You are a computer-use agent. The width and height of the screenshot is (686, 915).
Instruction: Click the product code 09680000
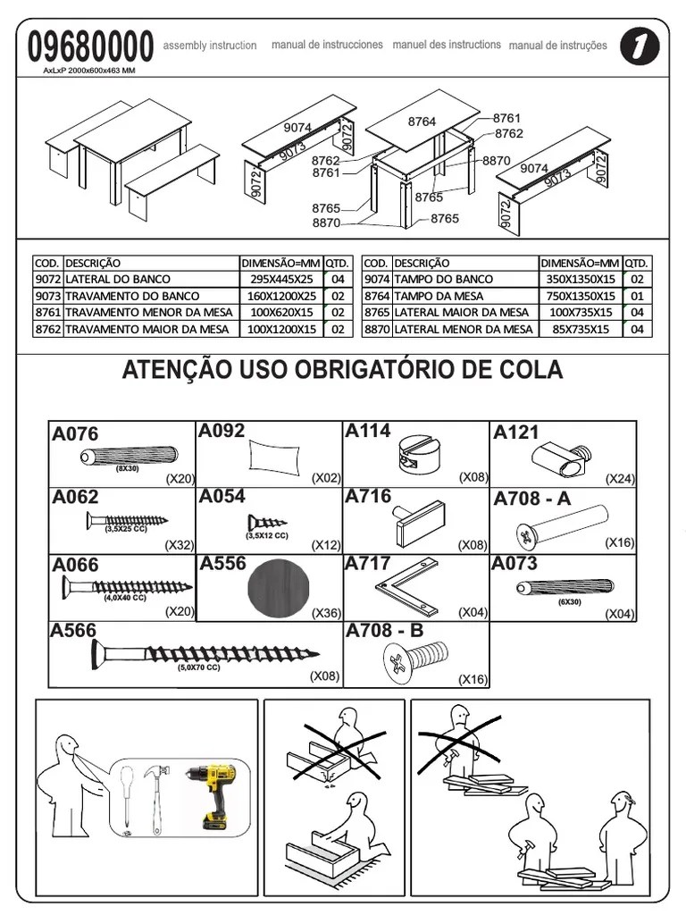pyautogui.click(x=90, y=46)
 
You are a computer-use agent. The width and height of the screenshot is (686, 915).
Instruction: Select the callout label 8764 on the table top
pyautogui.click(x=422, y=122)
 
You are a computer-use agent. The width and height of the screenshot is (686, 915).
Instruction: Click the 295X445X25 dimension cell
pyautogui.click(x=280, y=279)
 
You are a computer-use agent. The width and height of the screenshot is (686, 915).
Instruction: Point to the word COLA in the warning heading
pyautogui.click(x=534, y=370)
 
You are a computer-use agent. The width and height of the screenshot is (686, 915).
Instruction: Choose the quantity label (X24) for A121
pyautogui.click(x=620, y=479)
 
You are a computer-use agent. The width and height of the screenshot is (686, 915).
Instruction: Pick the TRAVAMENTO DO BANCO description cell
pyautogui.click(x=132, y=296)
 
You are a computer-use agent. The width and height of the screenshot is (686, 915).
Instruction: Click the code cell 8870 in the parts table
pyautogui.click(x=376, y=329)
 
